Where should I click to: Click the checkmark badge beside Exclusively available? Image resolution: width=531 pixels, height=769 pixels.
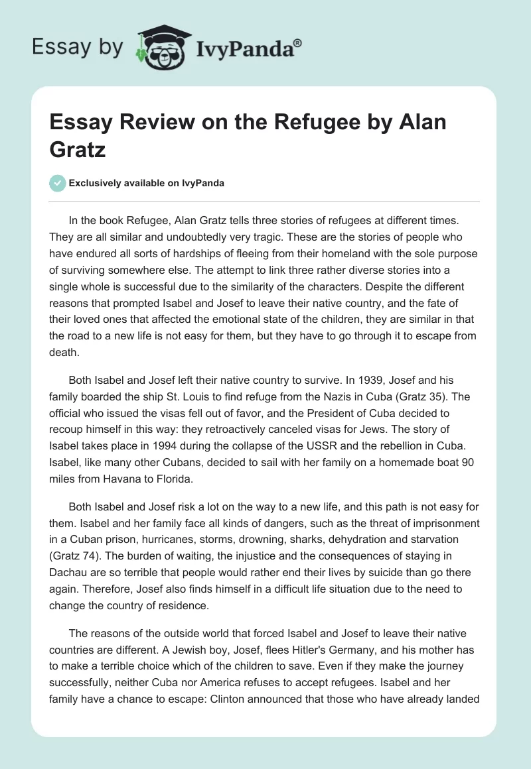[x=57, y=183]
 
